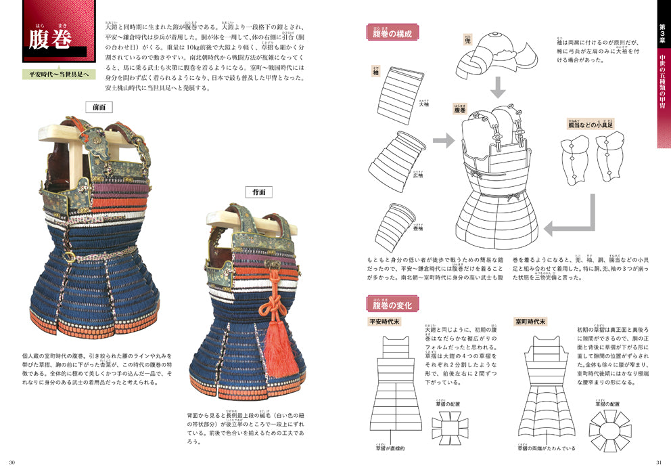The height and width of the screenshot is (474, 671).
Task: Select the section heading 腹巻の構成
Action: [392, 33]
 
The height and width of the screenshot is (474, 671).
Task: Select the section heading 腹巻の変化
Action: [392, 305]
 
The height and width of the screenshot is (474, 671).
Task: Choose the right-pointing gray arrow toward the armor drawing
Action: [444, 141]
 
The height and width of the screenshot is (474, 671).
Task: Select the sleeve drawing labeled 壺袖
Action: [397, 229]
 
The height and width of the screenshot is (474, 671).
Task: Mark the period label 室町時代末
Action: [531, 322]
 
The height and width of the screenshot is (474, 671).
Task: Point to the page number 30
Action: [11, 462]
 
